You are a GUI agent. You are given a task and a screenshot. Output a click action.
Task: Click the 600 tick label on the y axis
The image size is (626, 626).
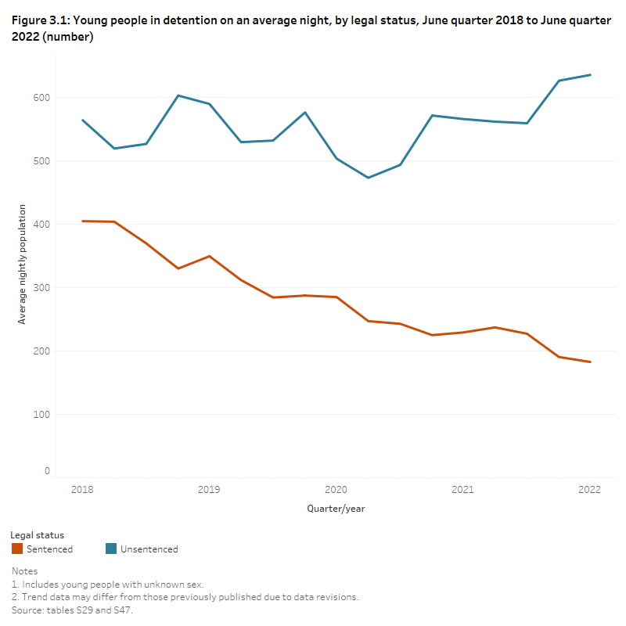pos(41,98)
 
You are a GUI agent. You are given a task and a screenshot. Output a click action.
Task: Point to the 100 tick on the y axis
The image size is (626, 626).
pos(41,415)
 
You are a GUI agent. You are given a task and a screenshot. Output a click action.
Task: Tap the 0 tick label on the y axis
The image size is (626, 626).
pos(47,471)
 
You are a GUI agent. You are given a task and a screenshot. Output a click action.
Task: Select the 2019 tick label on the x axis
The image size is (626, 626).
pos(209,490)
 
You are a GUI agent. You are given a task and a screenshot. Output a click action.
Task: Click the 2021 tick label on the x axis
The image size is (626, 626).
pos(462,490)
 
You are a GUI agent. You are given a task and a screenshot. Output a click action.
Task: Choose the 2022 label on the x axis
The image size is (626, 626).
pos(589,490)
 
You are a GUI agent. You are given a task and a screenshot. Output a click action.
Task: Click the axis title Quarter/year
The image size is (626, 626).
pos(336,509)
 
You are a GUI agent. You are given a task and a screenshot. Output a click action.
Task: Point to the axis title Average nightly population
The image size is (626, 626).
pos(23,264)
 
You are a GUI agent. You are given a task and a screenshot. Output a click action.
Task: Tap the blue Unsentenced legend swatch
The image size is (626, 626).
pos(111,549)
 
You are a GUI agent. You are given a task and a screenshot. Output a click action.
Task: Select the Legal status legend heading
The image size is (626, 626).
pos(38,535)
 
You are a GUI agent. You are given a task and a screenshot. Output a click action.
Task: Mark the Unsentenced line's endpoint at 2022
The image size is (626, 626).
pos(590,75)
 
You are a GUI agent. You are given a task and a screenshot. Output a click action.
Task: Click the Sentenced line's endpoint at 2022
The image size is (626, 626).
pos(590,362)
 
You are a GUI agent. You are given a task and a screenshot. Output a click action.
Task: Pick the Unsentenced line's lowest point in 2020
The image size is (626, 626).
pos(368,178)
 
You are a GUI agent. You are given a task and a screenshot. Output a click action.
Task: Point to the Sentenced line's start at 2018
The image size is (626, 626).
pos(82,221)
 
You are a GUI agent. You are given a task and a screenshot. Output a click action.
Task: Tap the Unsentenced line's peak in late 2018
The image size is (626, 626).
pos(178,95)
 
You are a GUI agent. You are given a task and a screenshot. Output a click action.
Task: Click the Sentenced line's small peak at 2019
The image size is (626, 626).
pos(209,256)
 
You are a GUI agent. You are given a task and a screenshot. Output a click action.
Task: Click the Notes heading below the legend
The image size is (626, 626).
pos(24,572)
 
